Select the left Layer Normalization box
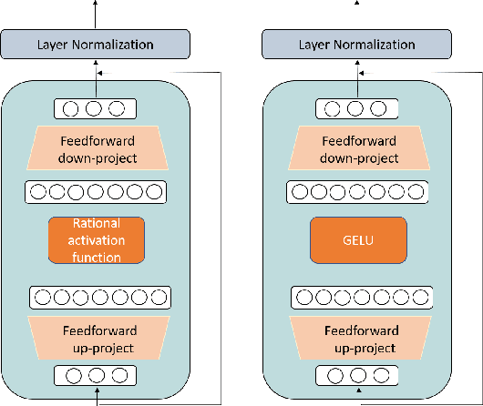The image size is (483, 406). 95,44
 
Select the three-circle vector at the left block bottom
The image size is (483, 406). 90,375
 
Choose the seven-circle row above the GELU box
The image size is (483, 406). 356,192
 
